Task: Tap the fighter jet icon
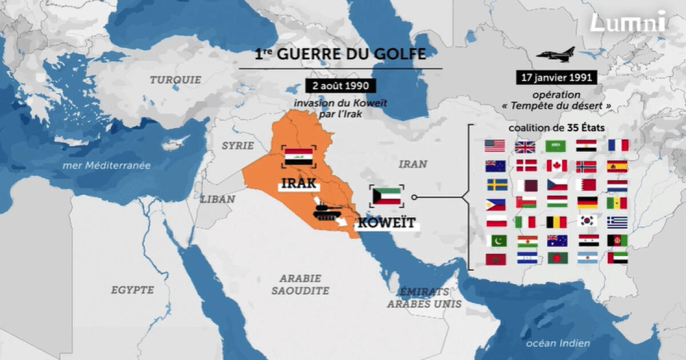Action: [x=556, y=55]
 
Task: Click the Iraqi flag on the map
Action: [x=298, y=157]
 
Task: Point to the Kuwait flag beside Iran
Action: [x=387, y=195]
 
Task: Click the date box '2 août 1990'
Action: [x=340, y=86]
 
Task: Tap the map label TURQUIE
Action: [x=176, y=80]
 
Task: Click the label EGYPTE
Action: [x=132, y=290]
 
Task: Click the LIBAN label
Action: [x=217, y=199]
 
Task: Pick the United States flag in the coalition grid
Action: [x=494, y=146]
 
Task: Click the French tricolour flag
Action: [x=617, y=146]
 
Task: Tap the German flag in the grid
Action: [x=587, y=202]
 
